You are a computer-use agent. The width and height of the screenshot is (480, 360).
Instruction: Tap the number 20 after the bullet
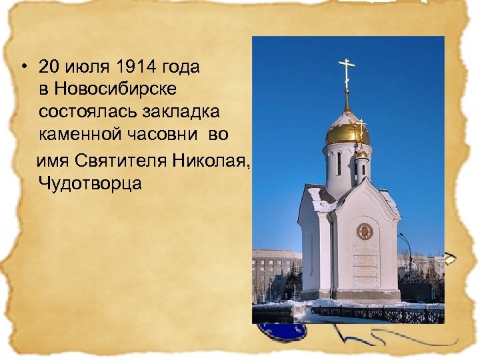pos(50,67)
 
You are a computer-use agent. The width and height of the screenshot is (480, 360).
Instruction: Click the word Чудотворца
pos(90,183)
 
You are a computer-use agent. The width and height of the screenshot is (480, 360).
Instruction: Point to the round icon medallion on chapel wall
pos(364,231)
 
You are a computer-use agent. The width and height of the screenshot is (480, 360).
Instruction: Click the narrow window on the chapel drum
pos(339,163)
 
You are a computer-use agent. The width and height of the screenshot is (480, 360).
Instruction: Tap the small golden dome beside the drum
pos(361,155)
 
